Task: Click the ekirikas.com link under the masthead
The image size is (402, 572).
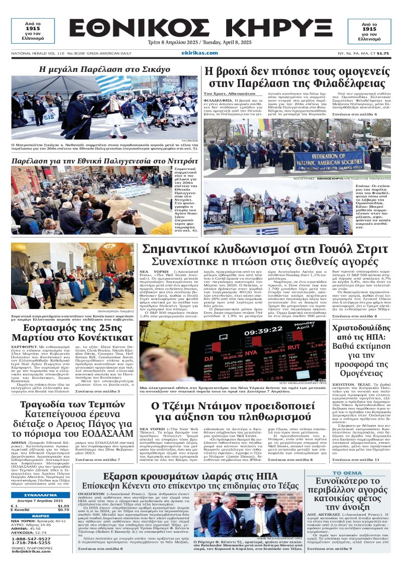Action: pyautogui.click(x=199, y=52)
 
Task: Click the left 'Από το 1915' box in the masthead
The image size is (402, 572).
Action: pyautogui.click(x=33, y=31)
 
